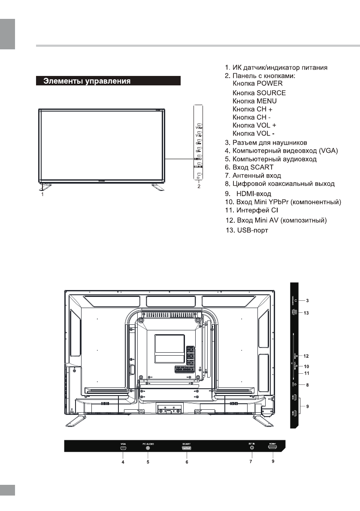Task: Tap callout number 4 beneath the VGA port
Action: coord(123,463)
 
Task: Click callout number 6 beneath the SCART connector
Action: coord(187,463)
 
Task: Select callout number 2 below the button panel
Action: coord(198,187)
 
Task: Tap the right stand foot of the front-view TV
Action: coord(157,186)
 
